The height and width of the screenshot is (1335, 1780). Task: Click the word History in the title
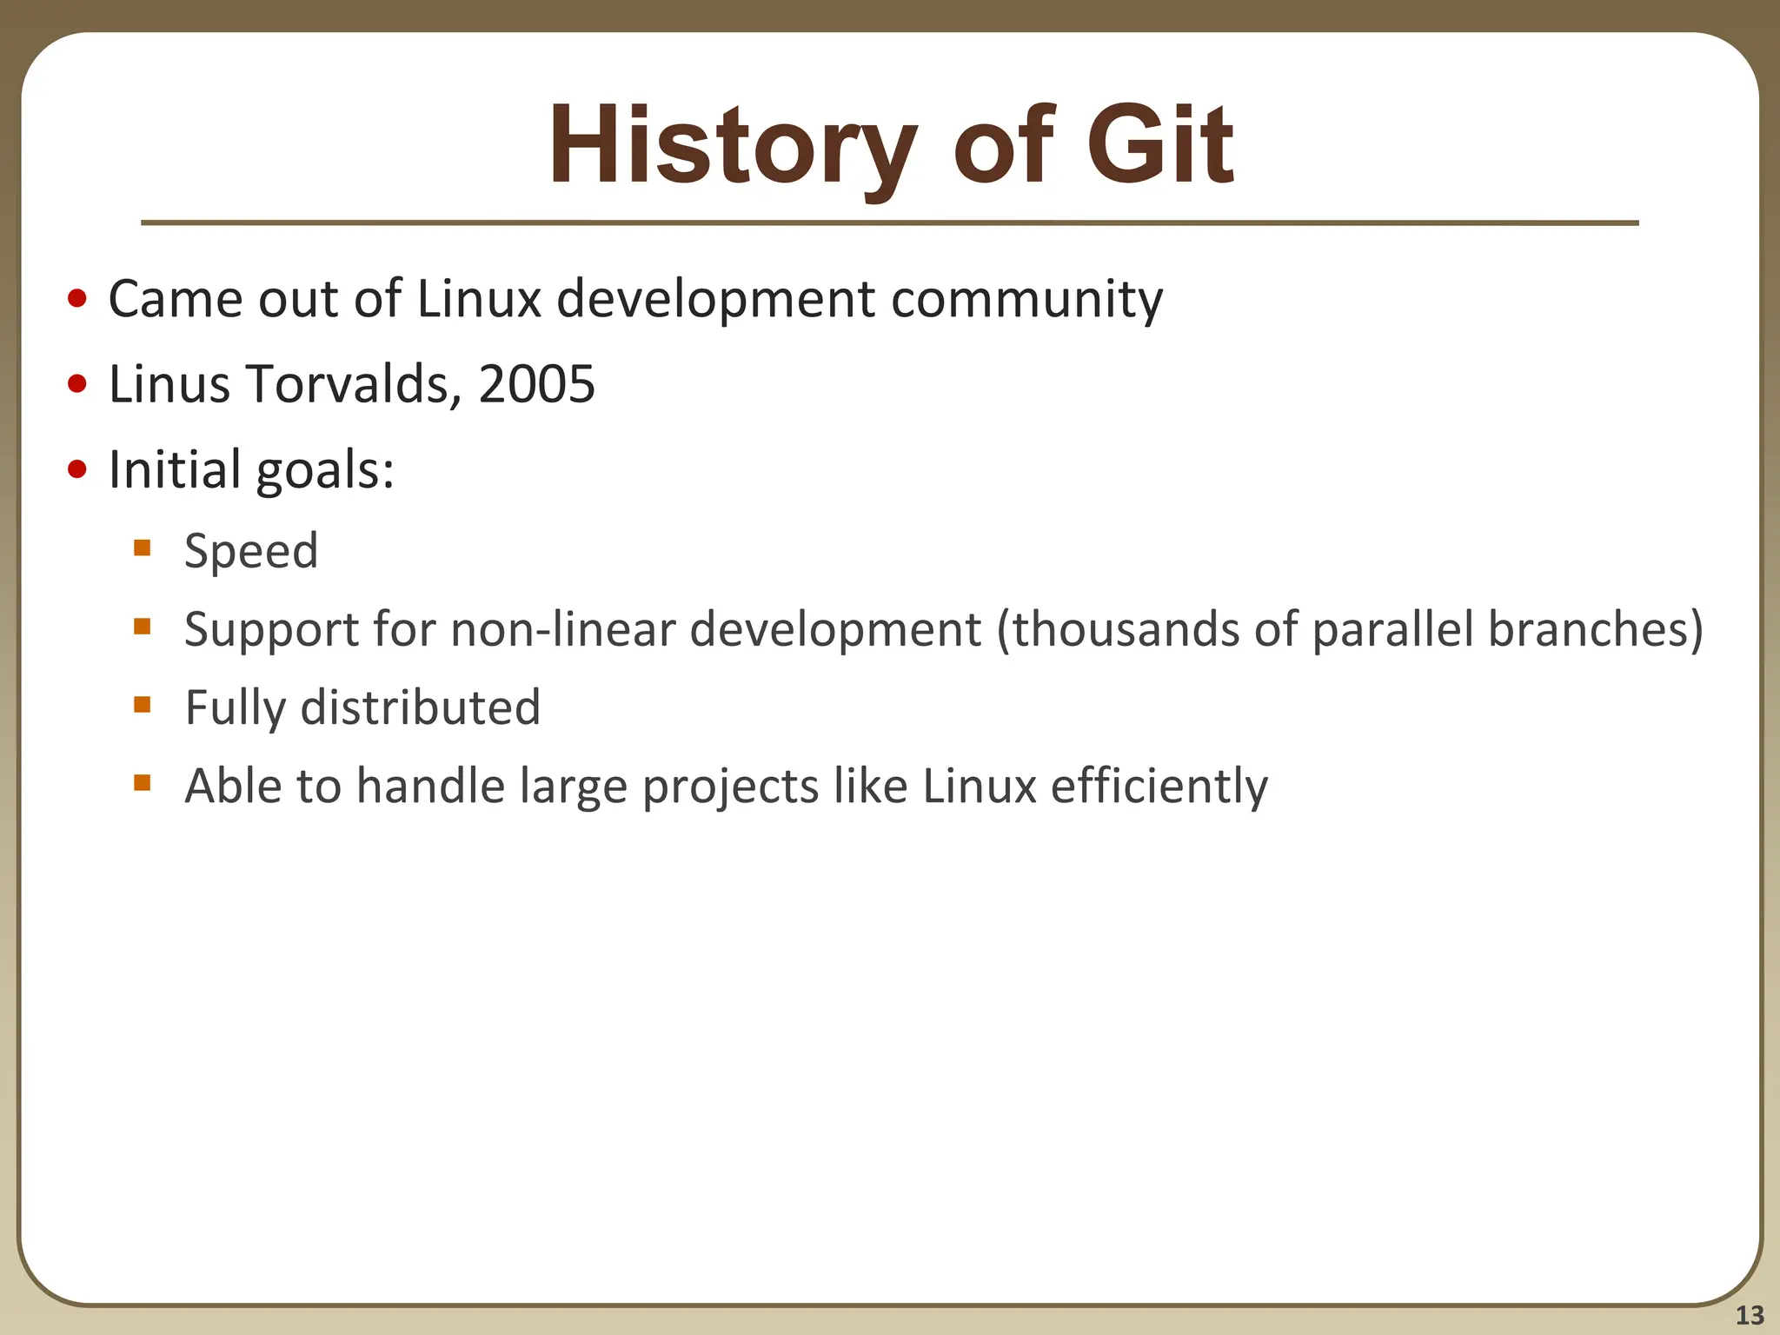point(732,146)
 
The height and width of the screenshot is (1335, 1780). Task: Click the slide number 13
point(1750,1315)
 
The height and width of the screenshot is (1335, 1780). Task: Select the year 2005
point(536,383)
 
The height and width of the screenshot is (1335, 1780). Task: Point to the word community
point(1026,300)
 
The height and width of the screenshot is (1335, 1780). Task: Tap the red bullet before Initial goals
point(77,469)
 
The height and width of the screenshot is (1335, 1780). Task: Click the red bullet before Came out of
point(77,299)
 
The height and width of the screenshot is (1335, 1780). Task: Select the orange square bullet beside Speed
point(143,548)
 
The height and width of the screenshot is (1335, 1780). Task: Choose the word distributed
point(420,707)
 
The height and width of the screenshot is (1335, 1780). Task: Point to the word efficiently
point(1159,787)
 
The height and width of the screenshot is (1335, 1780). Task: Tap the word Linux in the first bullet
point(479,300)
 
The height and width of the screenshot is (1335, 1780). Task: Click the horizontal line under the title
point(889,223)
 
